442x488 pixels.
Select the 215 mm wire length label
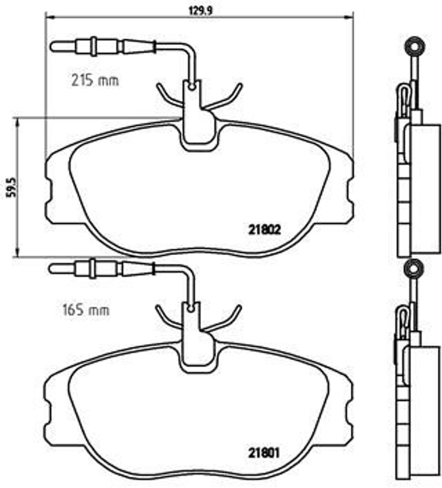point(95,81)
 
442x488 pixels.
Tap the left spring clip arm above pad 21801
point(167,319)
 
